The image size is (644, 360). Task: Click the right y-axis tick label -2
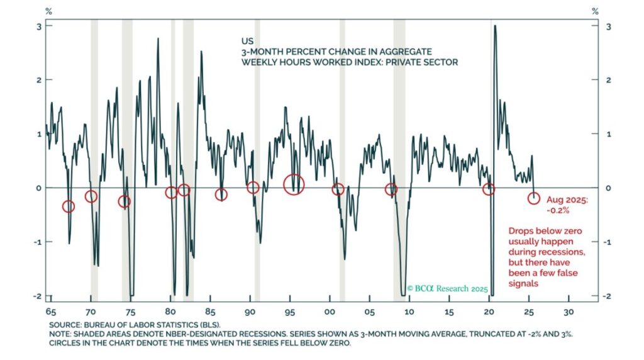(605, 296)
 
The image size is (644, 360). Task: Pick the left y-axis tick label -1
(36, 242)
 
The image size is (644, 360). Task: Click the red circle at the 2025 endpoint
(534, 198)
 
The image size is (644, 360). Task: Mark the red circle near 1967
(69, 206)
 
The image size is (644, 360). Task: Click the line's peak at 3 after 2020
(496, 26)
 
